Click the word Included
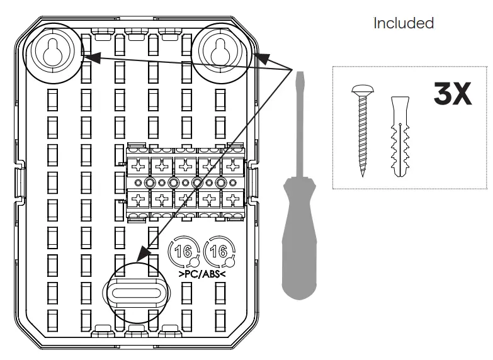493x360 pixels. [404, 23]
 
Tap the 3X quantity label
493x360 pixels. [452, 94]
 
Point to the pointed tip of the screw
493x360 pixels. [363, 176]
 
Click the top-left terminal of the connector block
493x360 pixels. [139, 167]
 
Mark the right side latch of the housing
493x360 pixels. [251, 183]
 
